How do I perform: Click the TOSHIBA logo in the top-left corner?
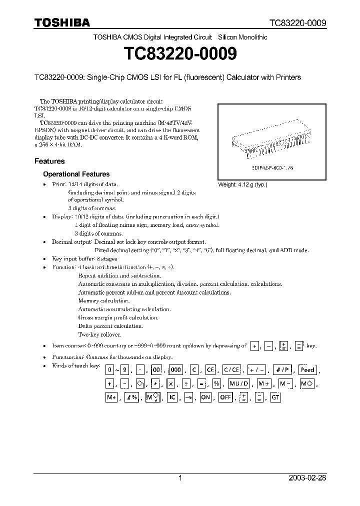pos(62,22)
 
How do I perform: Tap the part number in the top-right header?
pos(298,23)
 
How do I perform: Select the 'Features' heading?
pos(49,161)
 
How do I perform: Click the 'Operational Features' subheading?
pos(76,174)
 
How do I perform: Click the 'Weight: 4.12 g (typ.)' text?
pos(242,184)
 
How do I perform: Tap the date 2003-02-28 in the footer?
pos(307,478)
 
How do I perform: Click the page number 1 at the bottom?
pos(180,478)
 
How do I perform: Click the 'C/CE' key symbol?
pos(231,370)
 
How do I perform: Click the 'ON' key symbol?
pos(205,397)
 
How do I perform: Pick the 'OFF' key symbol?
pos(225,397)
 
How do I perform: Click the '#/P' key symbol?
pos(282,370)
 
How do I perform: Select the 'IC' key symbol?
pos(172,397)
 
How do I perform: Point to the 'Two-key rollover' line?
pos(99,334)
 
